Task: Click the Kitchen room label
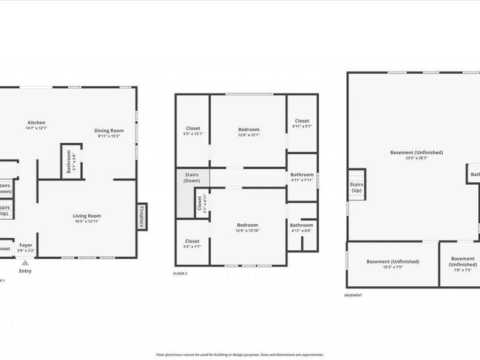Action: (x=36, y=125)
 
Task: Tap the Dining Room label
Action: (x=109, y=133)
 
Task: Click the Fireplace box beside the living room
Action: (x=142, y=217)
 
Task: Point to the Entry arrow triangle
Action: (x=25, y=263)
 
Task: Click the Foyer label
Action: (x=26, y=247)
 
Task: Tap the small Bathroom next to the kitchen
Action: (x=71, y=162)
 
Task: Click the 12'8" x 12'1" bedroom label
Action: (x=248, y=132)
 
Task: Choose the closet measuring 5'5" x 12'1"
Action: (x=193, y=130)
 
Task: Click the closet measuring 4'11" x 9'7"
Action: (x=302, y=124)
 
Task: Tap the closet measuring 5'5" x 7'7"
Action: (x=192, y=244)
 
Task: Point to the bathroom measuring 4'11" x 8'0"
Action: (x=302, y=227)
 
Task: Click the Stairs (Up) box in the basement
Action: (x=356, y=187)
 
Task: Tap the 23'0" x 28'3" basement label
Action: (x=416, y=155)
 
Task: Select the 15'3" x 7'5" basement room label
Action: (x=393, y=264)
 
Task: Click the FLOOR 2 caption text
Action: (x=180, y=274)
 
